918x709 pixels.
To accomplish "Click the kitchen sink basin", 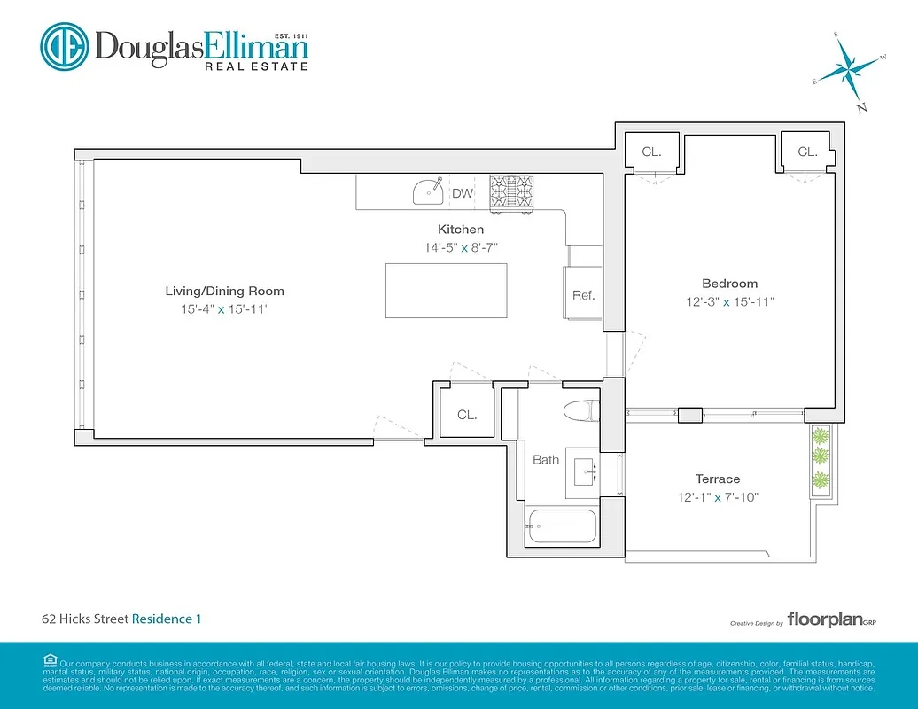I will [x=430, y=190].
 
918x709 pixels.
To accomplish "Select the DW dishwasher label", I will [x=463, y=193].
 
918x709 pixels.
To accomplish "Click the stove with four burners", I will [x=512, y=192].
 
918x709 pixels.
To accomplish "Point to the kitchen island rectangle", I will [x=447, y=291].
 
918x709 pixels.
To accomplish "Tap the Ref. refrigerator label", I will [x=583, y=295].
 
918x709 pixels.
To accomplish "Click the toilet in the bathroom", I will [x=580, y=411].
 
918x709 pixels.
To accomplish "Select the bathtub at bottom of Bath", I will [x=562, y=526].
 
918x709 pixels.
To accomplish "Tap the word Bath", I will [x=546, y=459].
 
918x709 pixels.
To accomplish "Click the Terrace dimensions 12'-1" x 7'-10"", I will [x=718, y=497].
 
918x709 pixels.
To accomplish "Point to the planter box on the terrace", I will [x=821, y=458].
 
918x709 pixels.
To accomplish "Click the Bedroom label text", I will [x=729, y=284].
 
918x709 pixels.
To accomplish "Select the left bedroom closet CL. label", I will [x=651, y=152].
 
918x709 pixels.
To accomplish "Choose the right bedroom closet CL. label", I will [x=807, y=152].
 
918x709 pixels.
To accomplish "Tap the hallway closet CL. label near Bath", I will [x=467, y=414].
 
